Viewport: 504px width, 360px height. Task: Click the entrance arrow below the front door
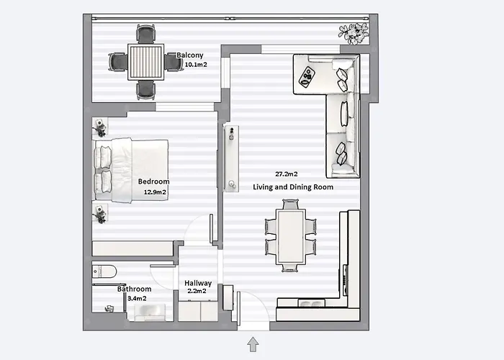[x=253, y=344]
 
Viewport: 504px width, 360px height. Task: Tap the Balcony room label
[x=189, y=55]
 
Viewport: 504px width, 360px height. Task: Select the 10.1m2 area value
[x=196, y=65]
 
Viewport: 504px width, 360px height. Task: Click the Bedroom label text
[x=153, y=181]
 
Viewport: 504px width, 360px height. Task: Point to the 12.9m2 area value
[x=155, y=192]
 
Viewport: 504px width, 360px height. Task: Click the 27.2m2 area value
[x=287, y=174]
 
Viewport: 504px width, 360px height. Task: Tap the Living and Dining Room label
[x=293, y=187]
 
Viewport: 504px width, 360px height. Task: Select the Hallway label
[x=198, y=283]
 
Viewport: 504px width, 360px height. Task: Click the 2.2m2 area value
[x=197, y=291]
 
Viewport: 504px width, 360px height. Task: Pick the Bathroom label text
[x=135, y=289]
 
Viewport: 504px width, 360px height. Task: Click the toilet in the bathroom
[x=104, y=271]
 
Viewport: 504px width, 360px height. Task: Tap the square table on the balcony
[x=146, y=62]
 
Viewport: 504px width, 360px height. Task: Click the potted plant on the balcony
[x=354, y=33]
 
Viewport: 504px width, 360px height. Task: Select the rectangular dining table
[x=291, y=236]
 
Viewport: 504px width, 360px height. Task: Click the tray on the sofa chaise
[x=307, y=77]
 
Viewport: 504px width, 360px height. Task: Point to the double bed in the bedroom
[x=131, y=171]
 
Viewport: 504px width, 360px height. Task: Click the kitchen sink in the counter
[x=311, y=303]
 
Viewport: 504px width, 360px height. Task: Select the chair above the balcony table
[x=146, y=34]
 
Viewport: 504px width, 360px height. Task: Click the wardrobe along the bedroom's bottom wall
[x=132, y=248]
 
